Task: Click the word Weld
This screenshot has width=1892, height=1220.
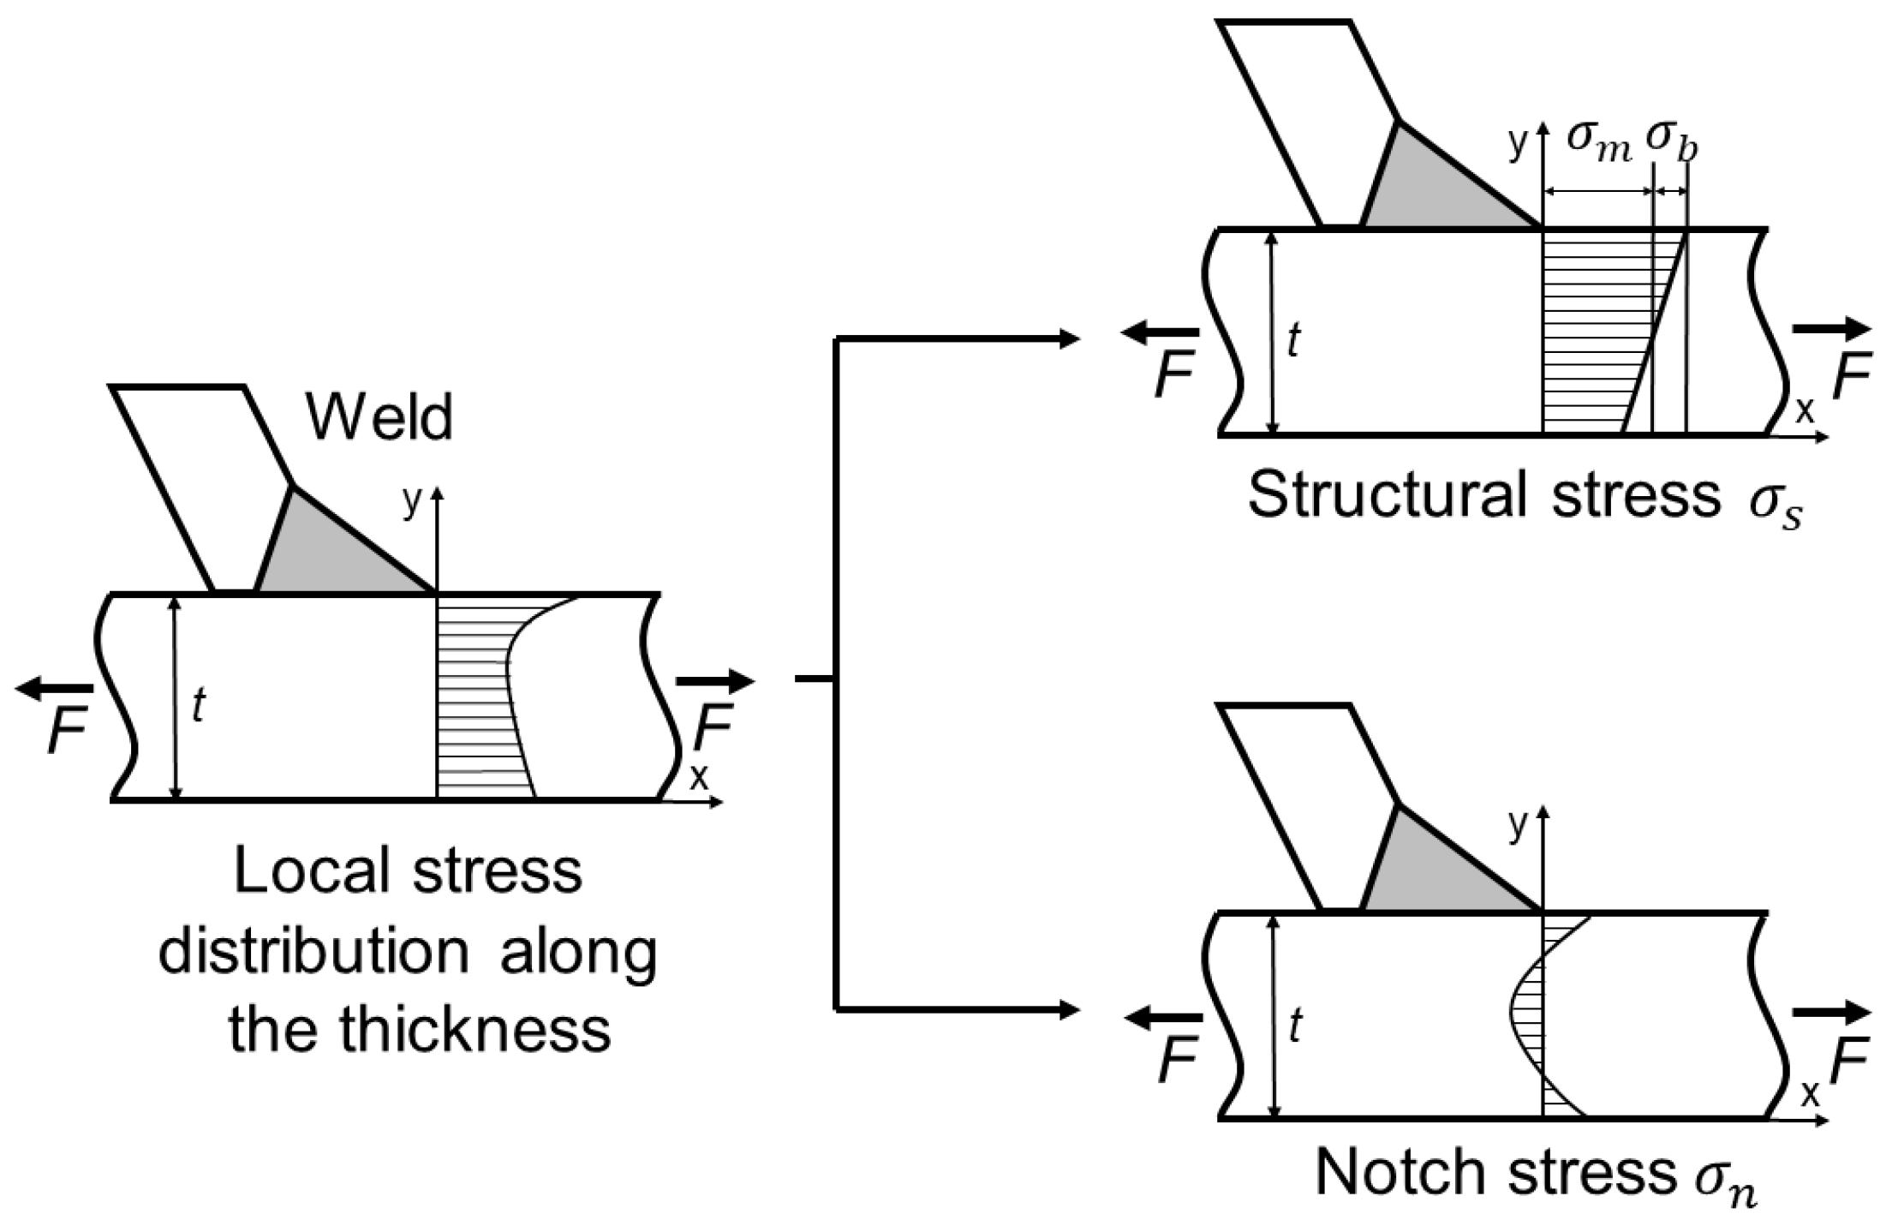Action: (379, 418)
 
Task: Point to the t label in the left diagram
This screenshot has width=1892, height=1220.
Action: (199, 706)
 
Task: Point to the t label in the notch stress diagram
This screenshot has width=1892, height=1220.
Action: (1295, 1026)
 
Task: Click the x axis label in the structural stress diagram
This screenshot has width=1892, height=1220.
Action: (1804, 410)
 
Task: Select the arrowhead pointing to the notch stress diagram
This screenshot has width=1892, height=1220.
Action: (1069, 1010)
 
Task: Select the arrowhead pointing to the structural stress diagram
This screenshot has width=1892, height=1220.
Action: (1069, 339)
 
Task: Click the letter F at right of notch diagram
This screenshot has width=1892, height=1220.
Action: (1848, 1063)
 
